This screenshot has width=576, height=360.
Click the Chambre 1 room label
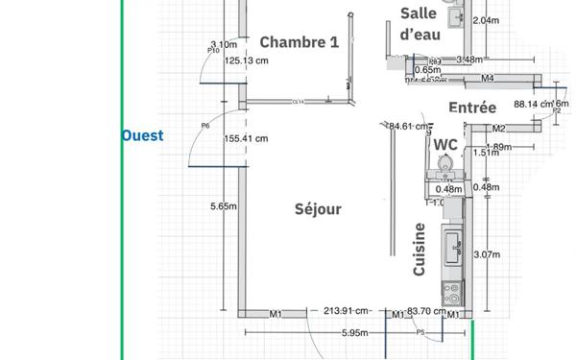click(299, 42)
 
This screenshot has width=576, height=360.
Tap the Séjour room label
click(318, 208)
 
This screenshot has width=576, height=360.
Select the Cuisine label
click(420, 250)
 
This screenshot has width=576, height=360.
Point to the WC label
click(445, 144)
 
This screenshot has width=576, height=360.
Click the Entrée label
click(472, 108)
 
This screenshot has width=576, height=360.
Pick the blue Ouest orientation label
click(142, 136)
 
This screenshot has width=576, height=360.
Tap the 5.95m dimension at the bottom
click(355, 333)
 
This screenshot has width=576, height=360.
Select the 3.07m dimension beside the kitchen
click(489, 254)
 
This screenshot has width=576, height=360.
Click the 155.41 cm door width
click(246, 138)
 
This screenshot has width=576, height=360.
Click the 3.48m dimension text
click(469, 60)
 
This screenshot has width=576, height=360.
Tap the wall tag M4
click(488, 78)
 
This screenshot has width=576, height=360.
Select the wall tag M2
click(498, 129)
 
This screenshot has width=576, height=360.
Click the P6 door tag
click(205, 126)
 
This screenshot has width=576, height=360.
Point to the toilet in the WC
click(445, 165)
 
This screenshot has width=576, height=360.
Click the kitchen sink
click(451, 248)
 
